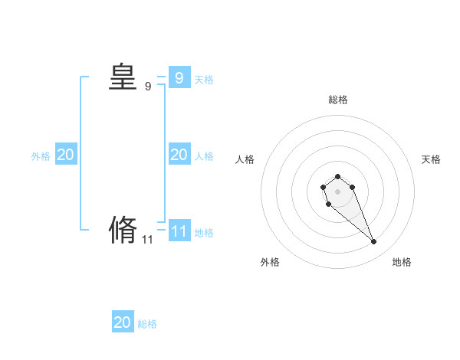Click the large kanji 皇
point(123,77)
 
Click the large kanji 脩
point(123,230)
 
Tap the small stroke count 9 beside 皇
point(148,87)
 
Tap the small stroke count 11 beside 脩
point(148,240)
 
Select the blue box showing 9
point(179,77)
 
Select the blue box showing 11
point(179,231)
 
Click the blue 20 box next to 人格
point(179,155)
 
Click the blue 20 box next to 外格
point(65,155)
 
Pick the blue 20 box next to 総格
point(123,322)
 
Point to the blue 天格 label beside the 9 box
point(204,80)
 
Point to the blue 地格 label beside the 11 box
point(204,233)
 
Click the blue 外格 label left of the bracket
point(41,156)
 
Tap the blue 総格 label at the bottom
point(147,325)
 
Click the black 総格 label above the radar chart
point(337,100)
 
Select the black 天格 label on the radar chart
point(431,159)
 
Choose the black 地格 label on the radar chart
point(402,263)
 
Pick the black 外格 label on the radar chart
point(270,263)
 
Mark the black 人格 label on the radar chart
point(245,159)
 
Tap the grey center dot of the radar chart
point(337,191)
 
